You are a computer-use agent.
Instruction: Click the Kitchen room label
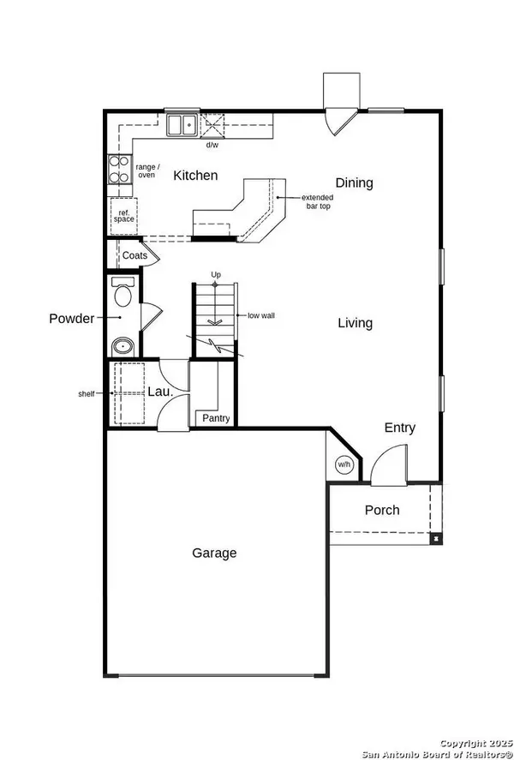[195, 176]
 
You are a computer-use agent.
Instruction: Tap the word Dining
[354, 183]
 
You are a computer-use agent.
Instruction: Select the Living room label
[356, 323]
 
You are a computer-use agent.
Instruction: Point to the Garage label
[214, 553]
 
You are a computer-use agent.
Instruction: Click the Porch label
[382, 510]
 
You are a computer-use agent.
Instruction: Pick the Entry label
[400, 428]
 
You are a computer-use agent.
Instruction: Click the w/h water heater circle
[344, 464]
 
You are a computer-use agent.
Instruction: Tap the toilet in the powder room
[123, 292]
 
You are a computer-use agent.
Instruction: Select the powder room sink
[123, 347]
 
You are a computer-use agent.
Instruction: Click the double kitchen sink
[182, 125]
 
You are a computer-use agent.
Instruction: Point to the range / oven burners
[120, 169]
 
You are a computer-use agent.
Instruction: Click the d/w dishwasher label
[212, 145]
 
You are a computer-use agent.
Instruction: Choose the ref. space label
[124, 216]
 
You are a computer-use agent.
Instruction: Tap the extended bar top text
[317, 201]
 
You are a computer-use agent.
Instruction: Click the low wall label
[261, 315]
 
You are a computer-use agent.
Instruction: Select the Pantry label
[216, 418]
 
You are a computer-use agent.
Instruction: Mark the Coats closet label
[134, 255]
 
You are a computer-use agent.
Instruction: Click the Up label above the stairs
[216, 275]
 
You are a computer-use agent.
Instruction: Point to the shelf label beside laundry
[87, 394]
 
